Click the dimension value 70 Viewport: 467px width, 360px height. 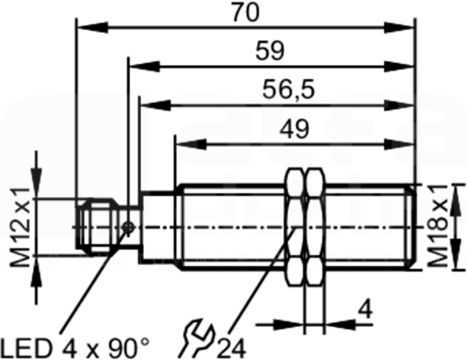click(x=245, y=13)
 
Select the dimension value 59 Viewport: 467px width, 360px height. click(x=270, y=51)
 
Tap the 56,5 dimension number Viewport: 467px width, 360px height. click(x=288, y=90)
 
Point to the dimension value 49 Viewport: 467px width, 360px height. click(x=294, y=129)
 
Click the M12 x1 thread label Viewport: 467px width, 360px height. click(x=20, y=227)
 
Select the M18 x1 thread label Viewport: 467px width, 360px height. click(x=438, y=225)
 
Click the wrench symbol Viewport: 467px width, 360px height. click(x=197, y=338)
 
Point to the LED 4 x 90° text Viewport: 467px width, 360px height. click(x=75, y=348)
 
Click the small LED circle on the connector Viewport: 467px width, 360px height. click(x=128, y=228)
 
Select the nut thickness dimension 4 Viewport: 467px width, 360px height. click(x=365, y=310)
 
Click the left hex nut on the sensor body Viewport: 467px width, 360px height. click(x=295, y=227)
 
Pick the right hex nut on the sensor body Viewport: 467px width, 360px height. click(x=315, y=227)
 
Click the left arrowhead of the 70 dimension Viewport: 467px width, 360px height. click(x=92, y=28)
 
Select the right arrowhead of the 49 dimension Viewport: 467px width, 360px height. click(x=400, y=145)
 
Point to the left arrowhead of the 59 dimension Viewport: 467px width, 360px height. click(x=144, y=66)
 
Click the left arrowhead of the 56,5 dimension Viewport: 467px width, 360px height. click(x=155, y=105)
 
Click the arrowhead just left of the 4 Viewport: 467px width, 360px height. click(x=290, y=325)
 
